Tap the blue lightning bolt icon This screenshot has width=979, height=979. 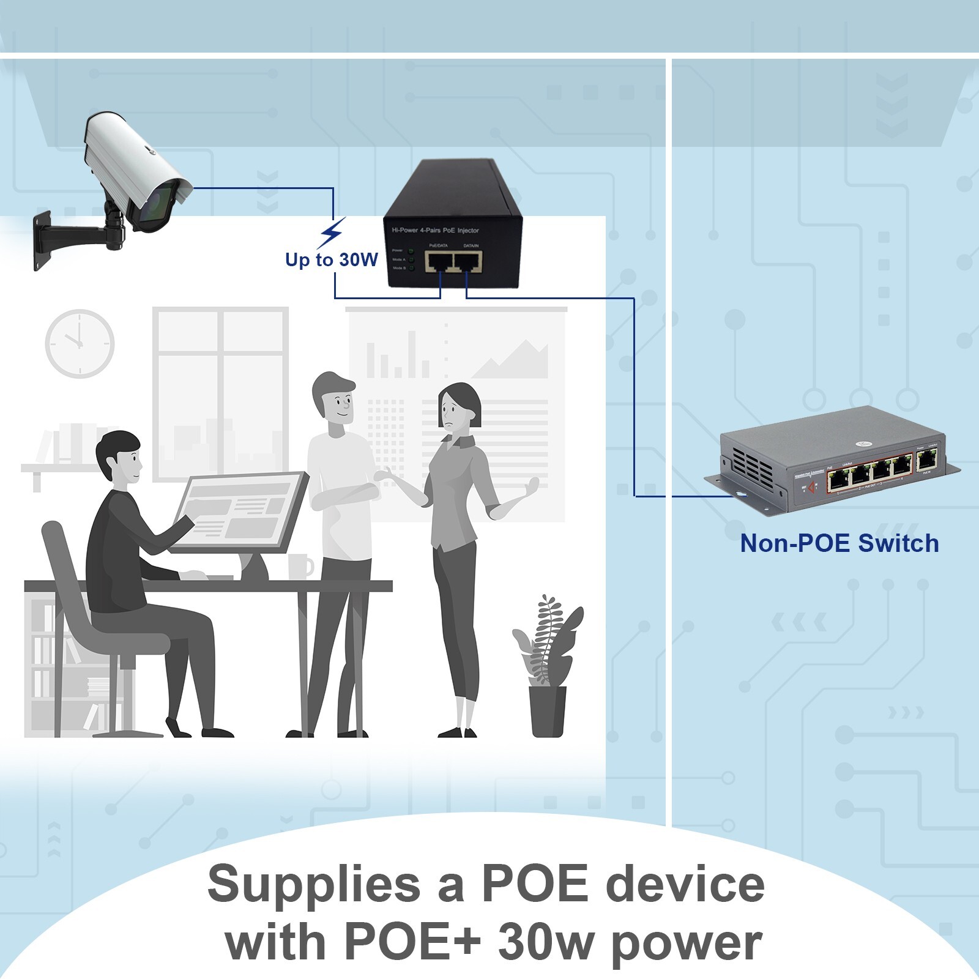tap(332, 233)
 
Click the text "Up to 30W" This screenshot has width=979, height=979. tap(332, 259)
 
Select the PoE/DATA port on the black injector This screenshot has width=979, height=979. tap(439, 262)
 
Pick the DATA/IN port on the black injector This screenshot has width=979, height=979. tap(468, 262)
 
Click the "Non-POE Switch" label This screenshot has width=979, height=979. tap(839, 543)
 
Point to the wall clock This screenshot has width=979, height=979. tap(80, 343)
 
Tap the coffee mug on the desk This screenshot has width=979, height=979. tap(300, 566)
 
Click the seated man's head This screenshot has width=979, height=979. tap(119, 456)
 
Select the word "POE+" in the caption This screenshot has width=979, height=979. tap(412, 942)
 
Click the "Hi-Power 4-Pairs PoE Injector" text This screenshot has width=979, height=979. tap(435, 231)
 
